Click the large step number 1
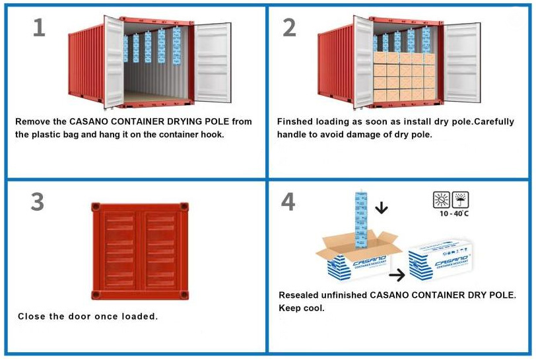click(39, 28)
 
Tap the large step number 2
click(290, 28)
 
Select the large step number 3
click(38, 203)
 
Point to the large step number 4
click(288, 203)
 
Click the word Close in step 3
click(32, 316)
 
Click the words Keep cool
click(302, 308)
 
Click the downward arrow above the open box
click(382, 209)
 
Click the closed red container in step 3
click(140, 250)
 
